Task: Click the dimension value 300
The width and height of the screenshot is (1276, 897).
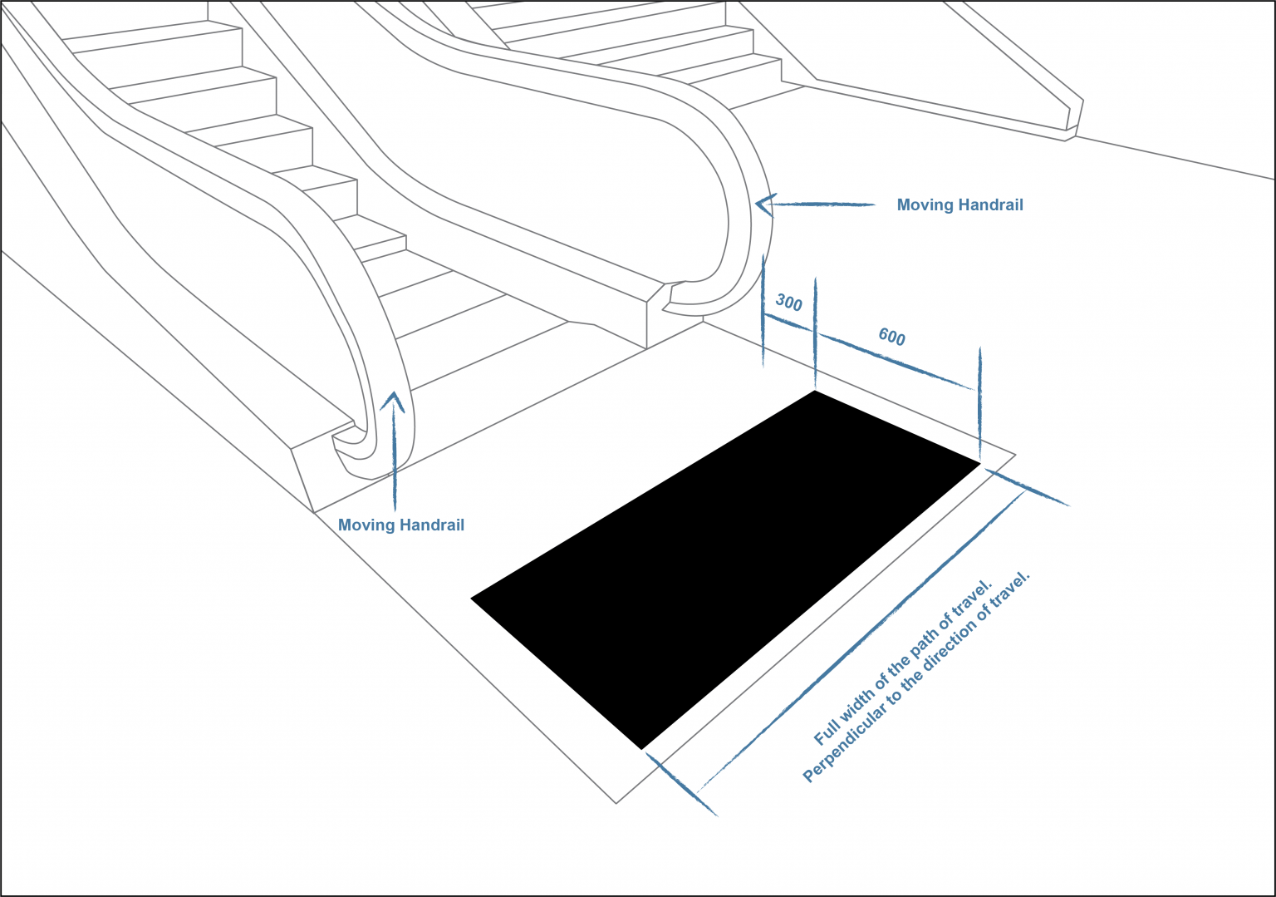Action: click(x=788, y=303)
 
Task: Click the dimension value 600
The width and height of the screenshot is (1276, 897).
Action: click(x=891, y=337)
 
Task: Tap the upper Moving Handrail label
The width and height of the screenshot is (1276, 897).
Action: click(x=959, y=205)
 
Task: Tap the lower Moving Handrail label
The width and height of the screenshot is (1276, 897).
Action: click(x=401, y=525)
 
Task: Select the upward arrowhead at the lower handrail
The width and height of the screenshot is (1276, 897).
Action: click(x=394, y=402)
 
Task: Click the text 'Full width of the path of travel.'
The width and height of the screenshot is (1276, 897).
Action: click(x=903, y=663)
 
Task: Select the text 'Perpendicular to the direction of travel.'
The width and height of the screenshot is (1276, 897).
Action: click(x=916, y=677)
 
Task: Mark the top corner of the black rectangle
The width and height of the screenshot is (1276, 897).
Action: click(x=815, y=392)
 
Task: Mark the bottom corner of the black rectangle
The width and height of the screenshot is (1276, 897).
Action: click(x=641, y=748)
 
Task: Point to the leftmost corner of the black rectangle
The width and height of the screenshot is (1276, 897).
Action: click(x=473, y=598)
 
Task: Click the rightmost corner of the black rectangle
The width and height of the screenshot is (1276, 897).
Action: click(x=979, y=463)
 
